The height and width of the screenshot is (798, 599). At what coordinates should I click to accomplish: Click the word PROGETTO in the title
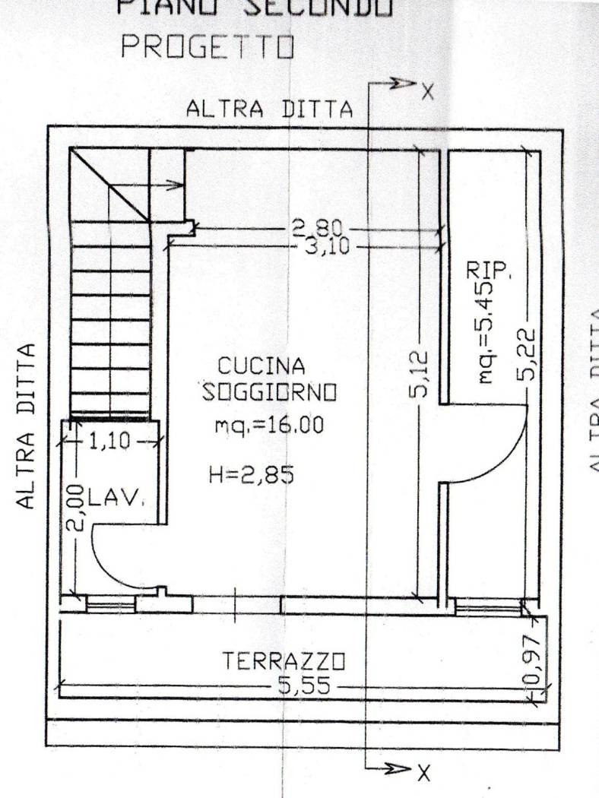pyautogui.click(x=208, y=47)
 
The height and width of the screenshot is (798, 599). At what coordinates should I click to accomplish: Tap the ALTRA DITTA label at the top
pyautogui.click(x=270, y=109)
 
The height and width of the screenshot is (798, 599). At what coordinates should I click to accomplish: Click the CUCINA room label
pyautogui.click(x=262, y=366)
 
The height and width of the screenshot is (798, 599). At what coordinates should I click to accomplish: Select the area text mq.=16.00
pyautogui.click(x=269, y=425)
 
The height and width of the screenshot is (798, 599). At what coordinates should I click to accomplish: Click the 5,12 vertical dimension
pyautogui.click(x=424, y=375)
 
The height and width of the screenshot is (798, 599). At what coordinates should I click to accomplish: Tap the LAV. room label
pyautogui.click(x=116, y=499)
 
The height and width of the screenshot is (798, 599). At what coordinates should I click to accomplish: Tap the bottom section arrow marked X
pyautogui.click(x=403, y=772)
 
